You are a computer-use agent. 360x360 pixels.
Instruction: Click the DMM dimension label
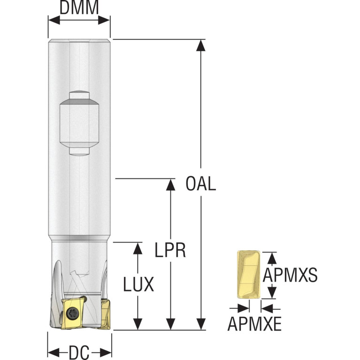pyautogui.click(x=79, y=8)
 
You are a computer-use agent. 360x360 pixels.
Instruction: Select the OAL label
pyautogui.click(x=201, y=184)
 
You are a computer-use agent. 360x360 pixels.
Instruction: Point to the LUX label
pyautogui.click(x=138, y=284)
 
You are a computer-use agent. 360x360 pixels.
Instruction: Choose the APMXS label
pyautogui.click(x=290, y=275)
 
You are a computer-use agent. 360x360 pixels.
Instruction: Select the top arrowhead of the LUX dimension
pyautogui.click(x=138, y=248)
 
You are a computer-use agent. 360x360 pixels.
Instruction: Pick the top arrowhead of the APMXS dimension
pyautogui.click(x=269, y=257)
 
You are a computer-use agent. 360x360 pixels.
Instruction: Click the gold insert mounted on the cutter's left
pyautogui.click(x=70, y=313)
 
